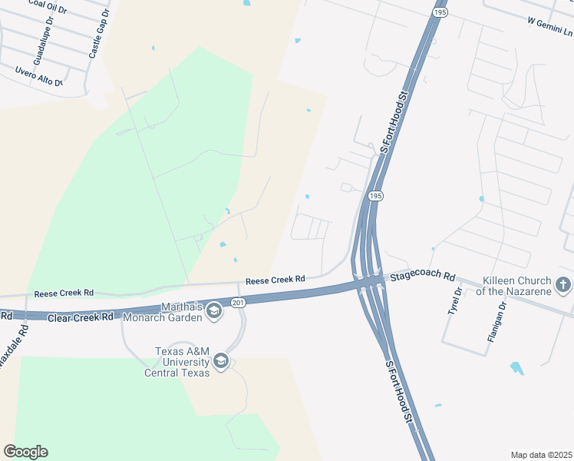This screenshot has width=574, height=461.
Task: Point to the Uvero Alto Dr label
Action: tap(38, 75)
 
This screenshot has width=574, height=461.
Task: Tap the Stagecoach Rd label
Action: tap(422, 276)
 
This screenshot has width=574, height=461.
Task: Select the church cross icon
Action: tap(563, 286)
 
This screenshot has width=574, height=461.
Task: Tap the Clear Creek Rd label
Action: tap(80, 317)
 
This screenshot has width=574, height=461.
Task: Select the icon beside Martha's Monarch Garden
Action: tap(213, 310)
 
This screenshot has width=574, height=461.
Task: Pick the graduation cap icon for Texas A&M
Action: tap(222, 361)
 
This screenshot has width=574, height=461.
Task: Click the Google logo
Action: tap(25, 452)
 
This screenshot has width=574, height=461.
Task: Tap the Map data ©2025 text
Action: tap(540, 454)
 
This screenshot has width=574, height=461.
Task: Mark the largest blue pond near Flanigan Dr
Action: tap(516, 368)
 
